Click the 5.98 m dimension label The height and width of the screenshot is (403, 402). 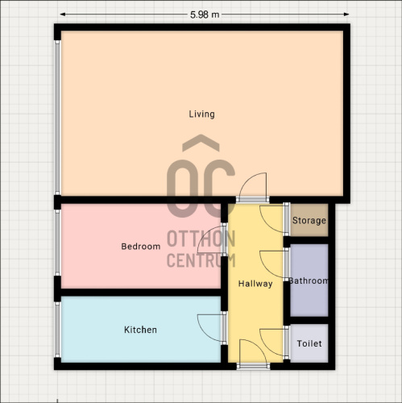205,15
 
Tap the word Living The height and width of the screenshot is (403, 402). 201,114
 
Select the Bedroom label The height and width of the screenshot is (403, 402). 141,247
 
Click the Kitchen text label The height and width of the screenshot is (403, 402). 140,330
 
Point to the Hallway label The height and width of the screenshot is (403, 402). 255,284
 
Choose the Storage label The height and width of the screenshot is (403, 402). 309,221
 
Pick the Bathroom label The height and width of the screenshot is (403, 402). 309,280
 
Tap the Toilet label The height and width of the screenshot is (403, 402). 309,343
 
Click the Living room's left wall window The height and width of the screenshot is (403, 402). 57,118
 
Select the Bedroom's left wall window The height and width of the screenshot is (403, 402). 57,243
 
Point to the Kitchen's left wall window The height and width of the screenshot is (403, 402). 57,330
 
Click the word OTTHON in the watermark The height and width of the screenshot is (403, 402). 201,239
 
